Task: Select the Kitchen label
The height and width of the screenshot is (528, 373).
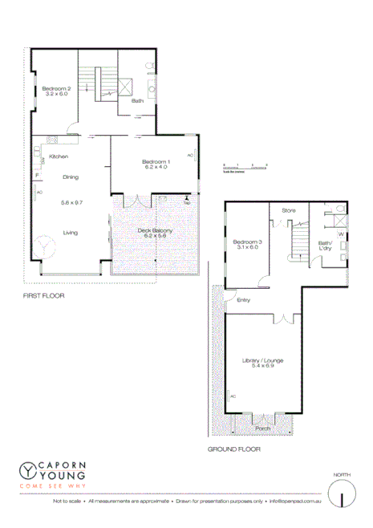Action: click(x=58, y=156)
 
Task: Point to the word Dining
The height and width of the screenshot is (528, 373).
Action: click(x=71, y=177)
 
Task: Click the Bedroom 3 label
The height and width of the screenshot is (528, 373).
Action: click(x=247, y=242)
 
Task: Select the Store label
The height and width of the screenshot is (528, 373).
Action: click(x=289, y=211)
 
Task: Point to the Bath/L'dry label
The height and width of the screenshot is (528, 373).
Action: click(x=325, y=246)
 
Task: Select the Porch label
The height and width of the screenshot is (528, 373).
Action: click(x=263, y=428)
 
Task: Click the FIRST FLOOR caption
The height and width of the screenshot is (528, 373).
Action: click(x=44, y=295)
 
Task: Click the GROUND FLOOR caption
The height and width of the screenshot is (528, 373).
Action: click(x=234, y=449)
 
